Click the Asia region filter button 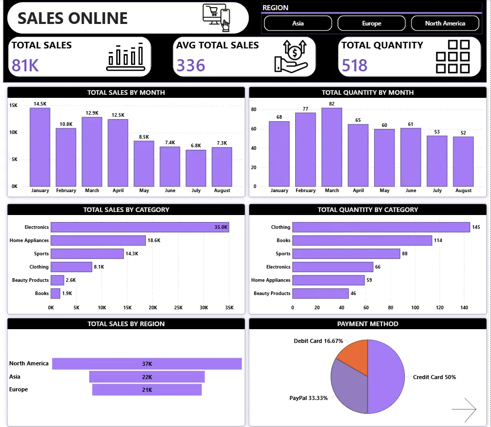298,23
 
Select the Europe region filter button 371,23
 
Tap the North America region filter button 445,23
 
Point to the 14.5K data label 40,104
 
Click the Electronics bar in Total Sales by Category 140,227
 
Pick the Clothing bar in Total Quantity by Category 381,227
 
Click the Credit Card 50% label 434,377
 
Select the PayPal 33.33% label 308,397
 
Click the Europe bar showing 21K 147,390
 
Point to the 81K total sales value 25,65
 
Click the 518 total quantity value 355,65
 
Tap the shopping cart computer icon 216,17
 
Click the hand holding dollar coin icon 291,56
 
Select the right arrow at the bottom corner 463,409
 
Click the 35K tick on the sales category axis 229,308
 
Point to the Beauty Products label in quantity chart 272,293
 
